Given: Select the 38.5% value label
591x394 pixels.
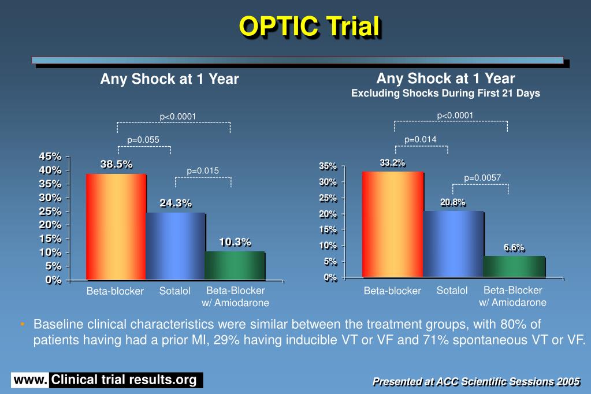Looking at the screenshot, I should pyautogui.click(x=116, y=164).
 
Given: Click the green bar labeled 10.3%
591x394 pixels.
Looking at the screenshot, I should pyautogui.click(x=234, y=266).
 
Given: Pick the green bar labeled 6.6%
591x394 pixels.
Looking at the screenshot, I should pyautogui.click(x=514, y=266).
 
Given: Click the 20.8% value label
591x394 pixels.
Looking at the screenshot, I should pyautogui.click(x=452, y=202).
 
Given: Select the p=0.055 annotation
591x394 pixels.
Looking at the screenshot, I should pyautogui.click(x=143, y=139).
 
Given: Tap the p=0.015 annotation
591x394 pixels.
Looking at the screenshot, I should pyautogui.click(x=203, y=170).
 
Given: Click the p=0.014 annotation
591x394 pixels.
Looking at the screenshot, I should pyautogui.click(x=421, y=139).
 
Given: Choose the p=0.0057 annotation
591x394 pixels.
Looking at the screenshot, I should pyautogui.click(x=482, y=177).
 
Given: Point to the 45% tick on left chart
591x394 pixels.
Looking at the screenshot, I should pyautogui.click(x=50, y=156).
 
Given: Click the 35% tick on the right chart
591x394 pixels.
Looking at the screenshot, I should pyautogui.click(x=327, y=166).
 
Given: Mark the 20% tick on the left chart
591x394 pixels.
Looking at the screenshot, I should pyautogui.click(x=50, y=225).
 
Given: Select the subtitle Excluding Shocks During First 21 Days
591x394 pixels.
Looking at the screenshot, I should pyautogui.click(x=445, y=94).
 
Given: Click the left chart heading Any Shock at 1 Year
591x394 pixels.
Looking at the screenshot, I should pyautogui.click(x=169, y=79).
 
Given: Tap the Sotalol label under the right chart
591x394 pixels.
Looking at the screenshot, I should pyautogui.click(x=452, y=291).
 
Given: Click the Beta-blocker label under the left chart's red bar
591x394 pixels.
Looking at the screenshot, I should pyautogui.click(x=115, y=291).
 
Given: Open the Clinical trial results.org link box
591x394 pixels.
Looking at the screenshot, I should pyautogui.click(x=124, y=380).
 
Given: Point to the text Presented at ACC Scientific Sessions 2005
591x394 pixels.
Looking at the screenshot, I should pyautogui.click(x=476, y=381).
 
